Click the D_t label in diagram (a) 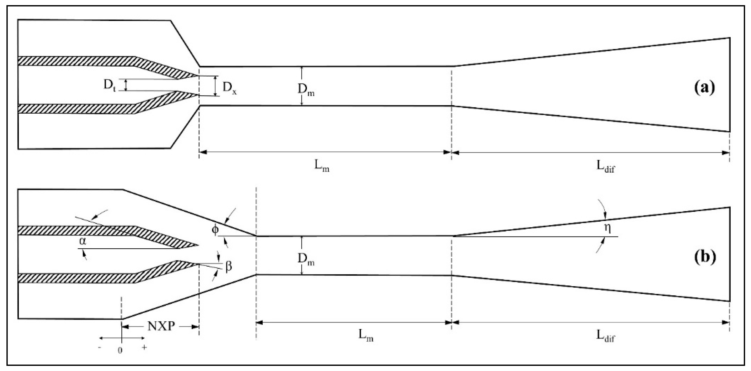[110, 85]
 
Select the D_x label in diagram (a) [230, 88]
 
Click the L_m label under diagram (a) [322, 166]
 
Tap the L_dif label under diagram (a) [605, 166]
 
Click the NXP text [161, 327]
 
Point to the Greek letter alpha [83, 242]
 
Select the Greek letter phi [215, 229]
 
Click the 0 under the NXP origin [120, 351]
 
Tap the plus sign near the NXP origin [144, 347]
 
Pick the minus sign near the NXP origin [100, 348]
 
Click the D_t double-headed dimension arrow [126, 85]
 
